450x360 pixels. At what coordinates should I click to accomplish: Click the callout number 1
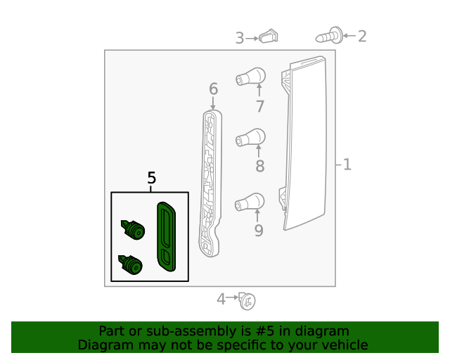pos(347,165)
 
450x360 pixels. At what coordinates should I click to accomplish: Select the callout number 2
pos(362,36)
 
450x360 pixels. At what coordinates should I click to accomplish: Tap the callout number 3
pos(240,38)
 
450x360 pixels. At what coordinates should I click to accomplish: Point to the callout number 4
pos(221,300)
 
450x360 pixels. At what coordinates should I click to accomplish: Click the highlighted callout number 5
pos(151,179)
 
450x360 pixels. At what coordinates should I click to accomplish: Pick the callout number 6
pos(213,89)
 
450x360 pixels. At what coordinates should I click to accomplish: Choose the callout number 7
pos(259,107)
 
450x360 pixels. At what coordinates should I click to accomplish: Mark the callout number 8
pos(259,167)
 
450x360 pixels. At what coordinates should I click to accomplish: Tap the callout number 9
pos(259,230)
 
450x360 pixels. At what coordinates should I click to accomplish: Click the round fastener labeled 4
pos(246,300)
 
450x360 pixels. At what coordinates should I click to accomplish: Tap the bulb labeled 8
pos(250,137)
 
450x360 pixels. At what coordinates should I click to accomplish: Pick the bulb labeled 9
pos(250,202)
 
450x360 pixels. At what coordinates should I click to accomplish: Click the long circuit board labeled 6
pos(210,183)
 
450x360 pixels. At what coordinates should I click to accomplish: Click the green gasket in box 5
pos(167,236)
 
